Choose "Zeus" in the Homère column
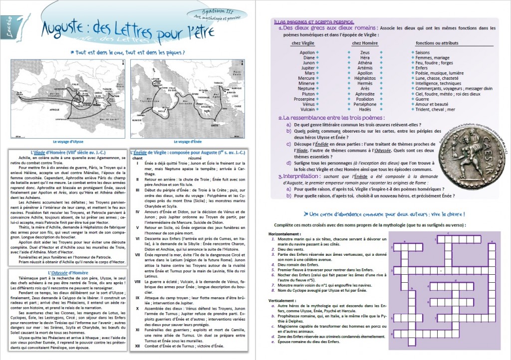(x=365, y=52)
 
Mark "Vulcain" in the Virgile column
(x=307, y=109)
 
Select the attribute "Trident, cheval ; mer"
(x=435, y=109)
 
